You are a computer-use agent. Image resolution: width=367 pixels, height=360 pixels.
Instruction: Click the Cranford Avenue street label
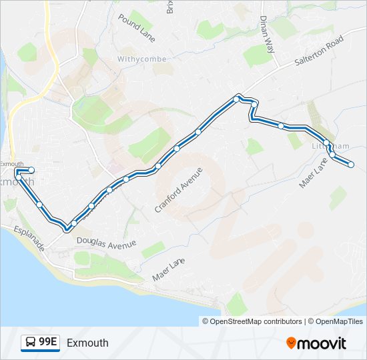click(x=178, y=189)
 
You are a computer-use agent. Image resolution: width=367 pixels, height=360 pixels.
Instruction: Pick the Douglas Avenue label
click(x=106, y=242)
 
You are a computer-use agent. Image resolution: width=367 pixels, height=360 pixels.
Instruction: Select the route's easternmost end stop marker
click(x=351, y=165)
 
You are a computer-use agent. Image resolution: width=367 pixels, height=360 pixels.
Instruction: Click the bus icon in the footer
click(x=31, y=343)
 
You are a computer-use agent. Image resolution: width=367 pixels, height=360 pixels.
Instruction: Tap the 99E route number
click(x=48, y=343)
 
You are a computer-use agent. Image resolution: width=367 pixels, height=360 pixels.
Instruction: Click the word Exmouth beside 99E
click(x=87, y=343)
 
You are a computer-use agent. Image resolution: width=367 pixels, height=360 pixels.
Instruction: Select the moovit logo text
click(x=322, y=343)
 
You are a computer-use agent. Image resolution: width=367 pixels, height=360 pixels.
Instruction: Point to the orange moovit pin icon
click(x=291, y=343)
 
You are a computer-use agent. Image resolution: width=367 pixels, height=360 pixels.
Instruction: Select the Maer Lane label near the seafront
click(x=167, y=268)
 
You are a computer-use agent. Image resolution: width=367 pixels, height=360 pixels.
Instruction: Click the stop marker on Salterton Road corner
click(x=237, y=99)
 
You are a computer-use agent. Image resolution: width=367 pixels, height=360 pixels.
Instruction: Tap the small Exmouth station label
click(x=12, y=164)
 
